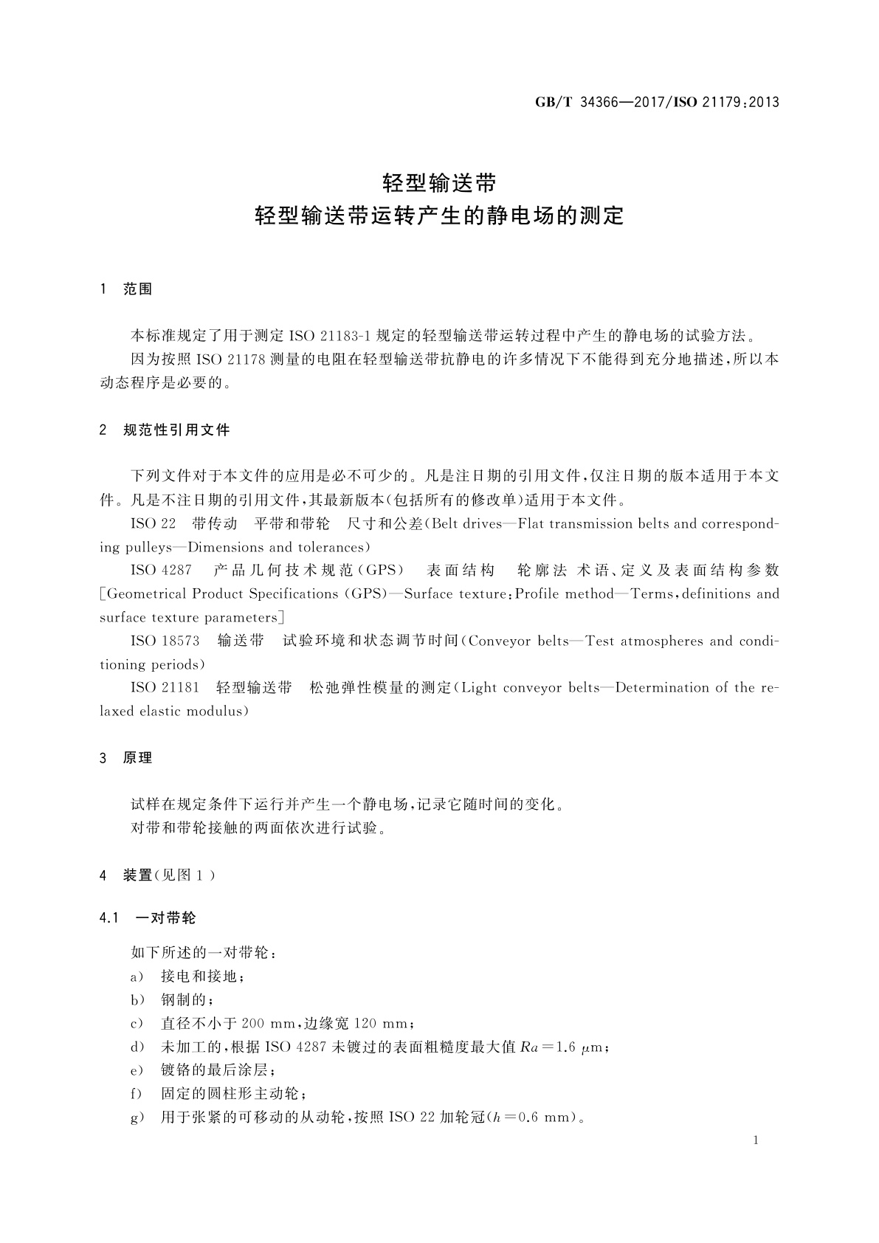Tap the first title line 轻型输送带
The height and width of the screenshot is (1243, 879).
pos(439,182)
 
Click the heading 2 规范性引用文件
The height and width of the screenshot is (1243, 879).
pos(165,430)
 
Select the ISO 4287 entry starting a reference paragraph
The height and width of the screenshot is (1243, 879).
pos(161,570)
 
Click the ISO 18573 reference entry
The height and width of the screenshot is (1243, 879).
pos(165,641)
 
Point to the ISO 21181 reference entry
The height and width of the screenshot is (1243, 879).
pos(165,687)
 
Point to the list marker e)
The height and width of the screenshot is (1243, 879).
pos(137,1070)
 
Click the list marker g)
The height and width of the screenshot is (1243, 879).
pos(137,1117)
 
